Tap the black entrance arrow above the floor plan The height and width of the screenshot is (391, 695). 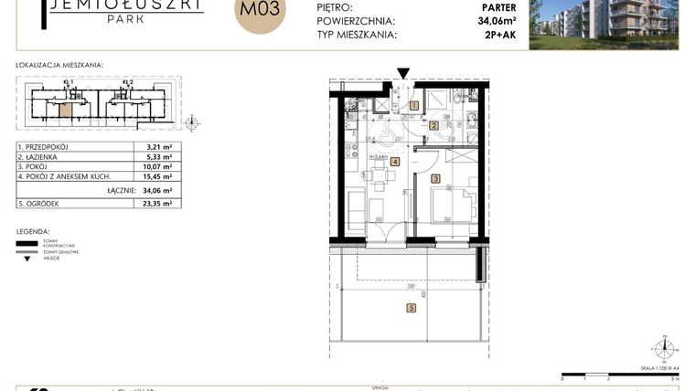point(403,74)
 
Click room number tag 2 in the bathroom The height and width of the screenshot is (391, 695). point(433,125)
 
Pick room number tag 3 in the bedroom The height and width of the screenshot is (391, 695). point(436,179)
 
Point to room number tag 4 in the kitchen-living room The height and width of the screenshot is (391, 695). point(394,162)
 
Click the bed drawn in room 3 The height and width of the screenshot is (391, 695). point(453,206)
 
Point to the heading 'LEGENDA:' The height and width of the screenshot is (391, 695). point(33,232)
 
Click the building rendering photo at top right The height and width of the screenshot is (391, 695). point(608,23)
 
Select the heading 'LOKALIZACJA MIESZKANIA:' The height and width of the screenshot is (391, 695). point(59,66)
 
